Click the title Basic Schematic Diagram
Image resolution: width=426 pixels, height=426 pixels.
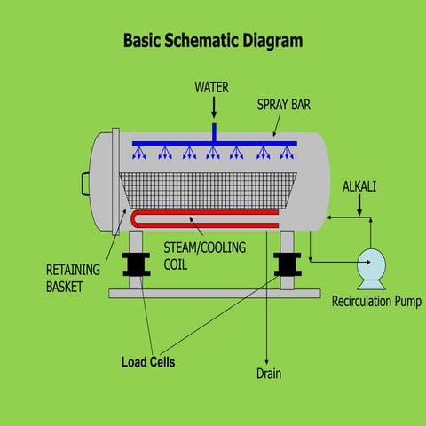(x=212, y=41)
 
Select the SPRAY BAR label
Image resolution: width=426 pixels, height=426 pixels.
(x=283, y=104)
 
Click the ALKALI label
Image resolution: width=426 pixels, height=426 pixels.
(x=359, y=185)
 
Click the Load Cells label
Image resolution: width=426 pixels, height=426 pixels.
(x=148, y=361)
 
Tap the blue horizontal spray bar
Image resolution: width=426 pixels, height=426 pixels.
(x=213, y=143)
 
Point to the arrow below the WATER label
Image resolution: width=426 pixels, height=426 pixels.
(x=214, y=108)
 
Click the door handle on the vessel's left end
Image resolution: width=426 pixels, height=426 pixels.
(x=86, y=184)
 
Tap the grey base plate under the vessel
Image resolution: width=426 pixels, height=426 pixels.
(x=213, y=293)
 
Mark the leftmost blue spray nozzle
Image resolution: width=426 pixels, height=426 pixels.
(x=140, y=154)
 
